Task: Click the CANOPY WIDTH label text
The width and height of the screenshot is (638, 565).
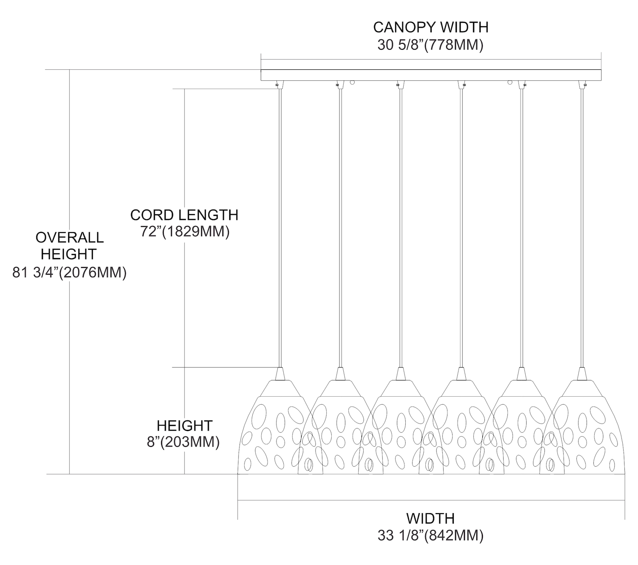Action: pyautogui.click(x=430, y=27)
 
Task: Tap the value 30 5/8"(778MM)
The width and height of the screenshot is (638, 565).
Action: pyautogui.click(x=430, y=45)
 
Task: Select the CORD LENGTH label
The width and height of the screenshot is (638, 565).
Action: pyautogui.click(x=184, y=215)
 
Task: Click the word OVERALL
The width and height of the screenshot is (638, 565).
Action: pyautogui.click(x=69, y=237)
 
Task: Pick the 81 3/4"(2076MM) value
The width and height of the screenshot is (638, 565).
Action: pyautogui.click(x=70, y=272)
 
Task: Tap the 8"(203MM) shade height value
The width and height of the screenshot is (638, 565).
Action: pyautogui.click(x=183, y=442)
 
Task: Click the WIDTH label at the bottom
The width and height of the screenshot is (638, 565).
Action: pyautogui.click(x=430, y=518)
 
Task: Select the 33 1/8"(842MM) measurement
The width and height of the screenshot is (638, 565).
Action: pyautogui.click(x=430, y=536)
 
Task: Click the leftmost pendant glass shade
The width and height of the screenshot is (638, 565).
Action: pyautogui.click(x=272, y=429)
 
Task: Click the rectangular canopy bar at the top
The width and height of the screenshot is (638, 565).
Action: pyautogui.click(x=430, y=75)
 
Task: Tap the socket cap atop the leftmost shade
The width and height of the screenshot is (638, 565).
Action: pyautogui.click(x=280, y=374)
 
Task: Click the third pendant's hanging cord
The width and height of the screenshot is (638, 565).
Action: pyautogui.click(x=400, y=225)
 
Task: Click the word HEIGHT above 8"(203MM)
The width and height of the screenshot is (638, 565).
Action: pyautogui.click(x=184, y=426)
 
